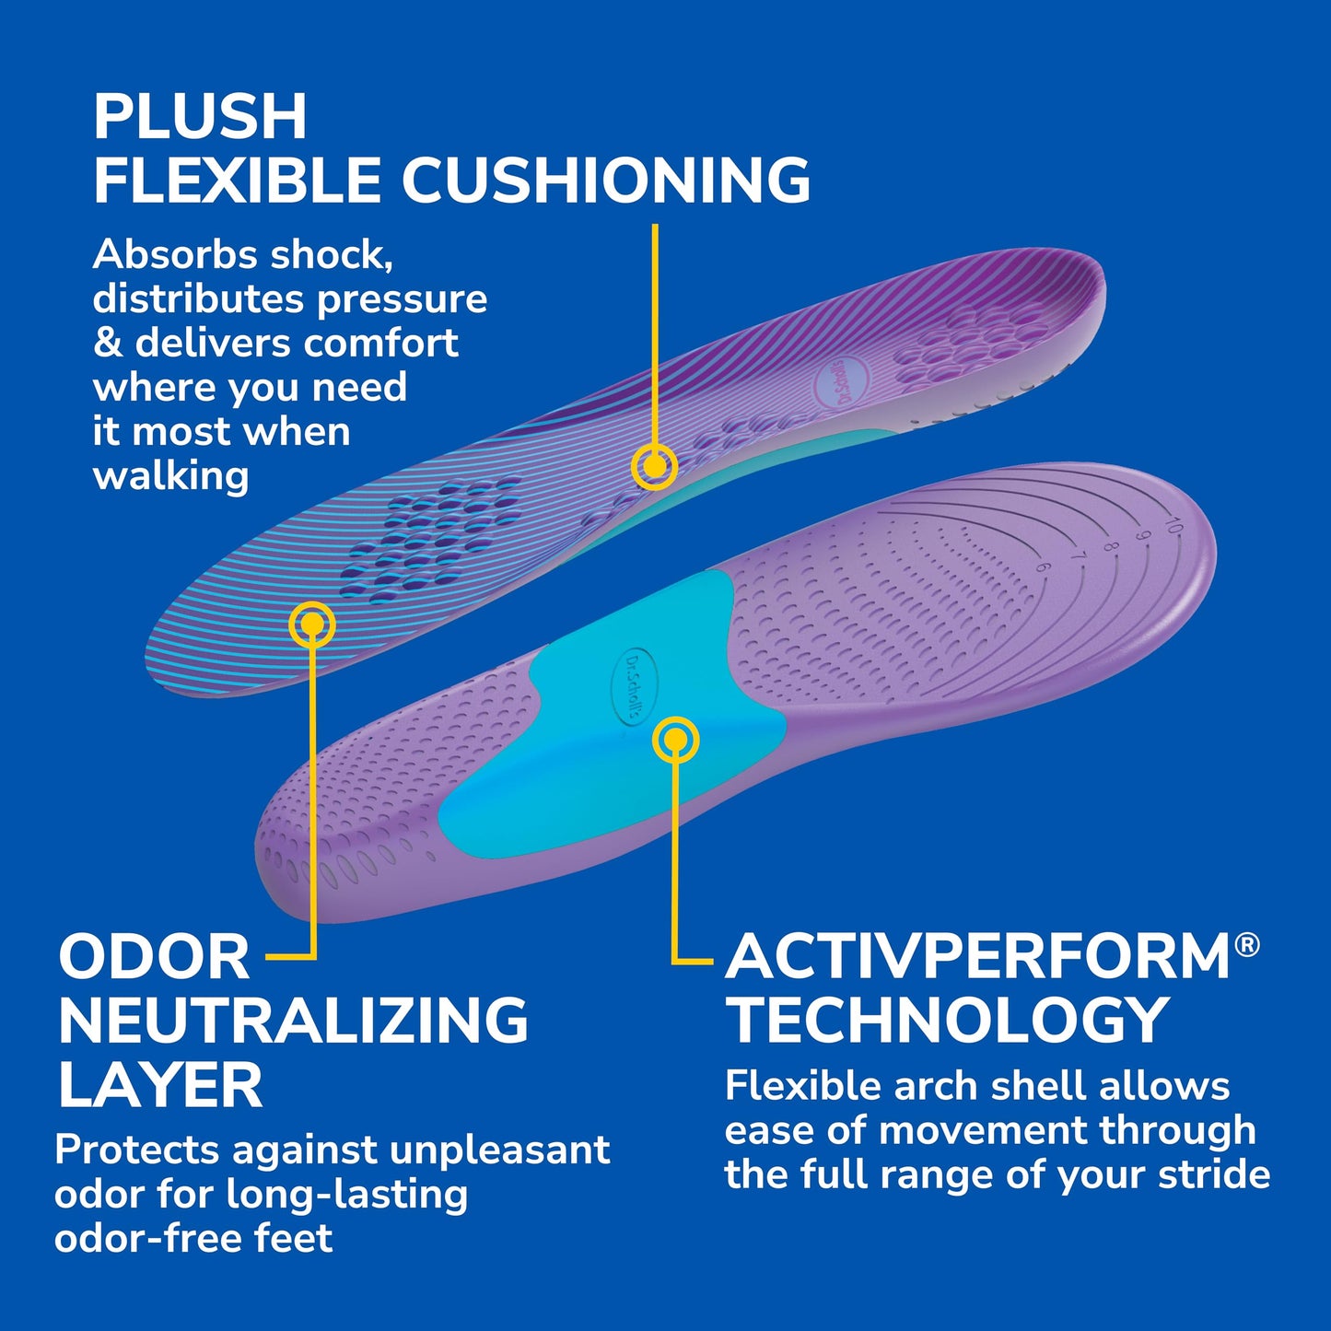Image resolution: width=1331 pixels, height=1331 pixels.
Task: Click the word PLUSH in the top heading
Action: [x=200, y=117]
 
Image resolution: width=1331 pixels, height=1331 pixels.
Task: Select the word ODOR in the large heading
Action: [x=154, y=958]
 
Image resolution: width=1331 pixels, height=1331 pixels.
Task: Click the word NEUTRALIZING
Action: [x=293, y=1021]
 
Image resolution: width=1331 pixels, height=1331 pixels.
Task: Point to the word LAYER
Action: [x=160, y=1085]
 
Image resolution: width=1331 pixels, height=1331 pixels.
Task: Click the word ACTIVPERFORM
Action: [x=978, y=958]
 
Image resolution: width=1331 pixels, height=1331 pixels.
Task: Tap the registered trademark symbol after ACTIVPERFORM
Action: [x=1247, y=945]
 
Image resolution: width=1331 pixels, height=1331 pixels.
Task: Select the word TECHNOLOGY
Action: [x=947, y=1021]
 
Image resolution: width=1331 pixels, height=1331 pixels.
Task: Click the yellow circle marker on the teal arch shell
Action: [x=675, y=740]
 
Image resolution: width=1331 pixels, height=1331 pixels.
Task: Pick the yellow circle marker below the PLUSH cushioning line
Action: [x=654, y=467]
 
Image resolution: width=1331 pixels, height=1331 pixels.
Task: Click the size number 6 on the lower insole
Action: [x=1042, y=568]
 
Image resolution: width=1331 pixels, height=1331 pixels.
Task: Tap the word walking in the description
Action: [x=170, y=476]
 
